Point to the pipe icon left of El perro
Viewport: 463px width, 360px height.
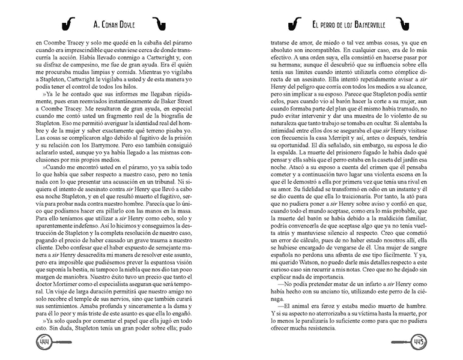[x=294, y=24]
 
